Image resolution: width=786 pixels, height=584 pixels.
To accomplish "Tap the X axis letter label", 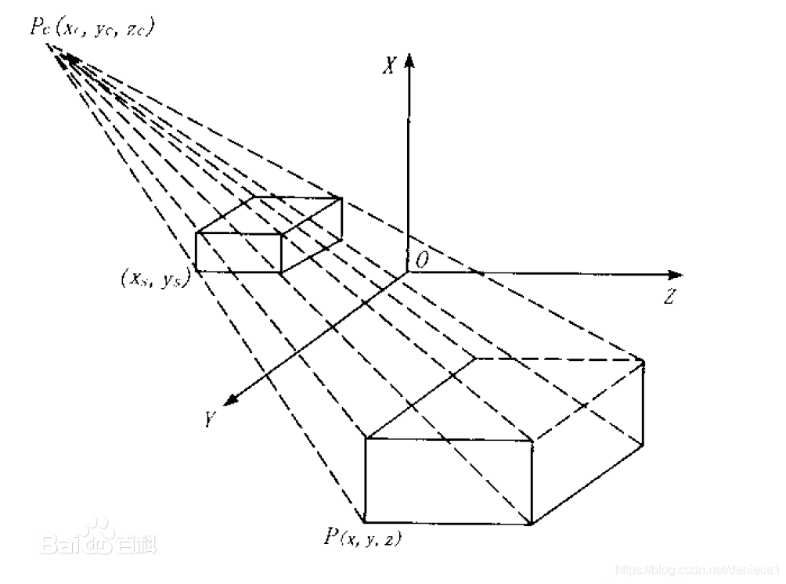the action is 388,67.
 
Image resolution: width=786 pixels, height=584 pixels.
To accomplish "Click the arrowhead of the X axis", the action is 408,61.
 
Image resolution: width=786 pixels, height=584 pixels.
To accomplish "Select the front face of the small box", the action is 238,252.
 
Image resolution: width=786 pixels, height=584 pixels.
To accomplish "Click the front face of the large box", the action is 449,480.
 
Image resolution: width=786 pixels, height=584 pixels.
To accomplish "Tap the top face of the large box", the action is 505,399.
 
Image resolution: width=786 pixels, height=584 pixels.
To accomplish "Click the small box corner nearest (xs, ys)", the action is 196,271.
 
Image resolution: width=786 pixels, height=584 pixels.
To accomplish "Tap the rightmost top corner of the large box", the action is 644,362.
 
